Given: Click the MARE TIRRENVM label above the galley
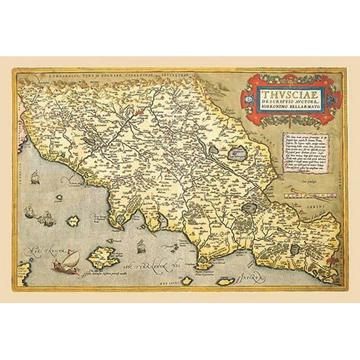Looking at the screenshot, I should [x=34, y=252].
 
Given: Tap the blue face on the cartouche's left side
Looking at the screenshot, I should [x=249, y=99].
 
